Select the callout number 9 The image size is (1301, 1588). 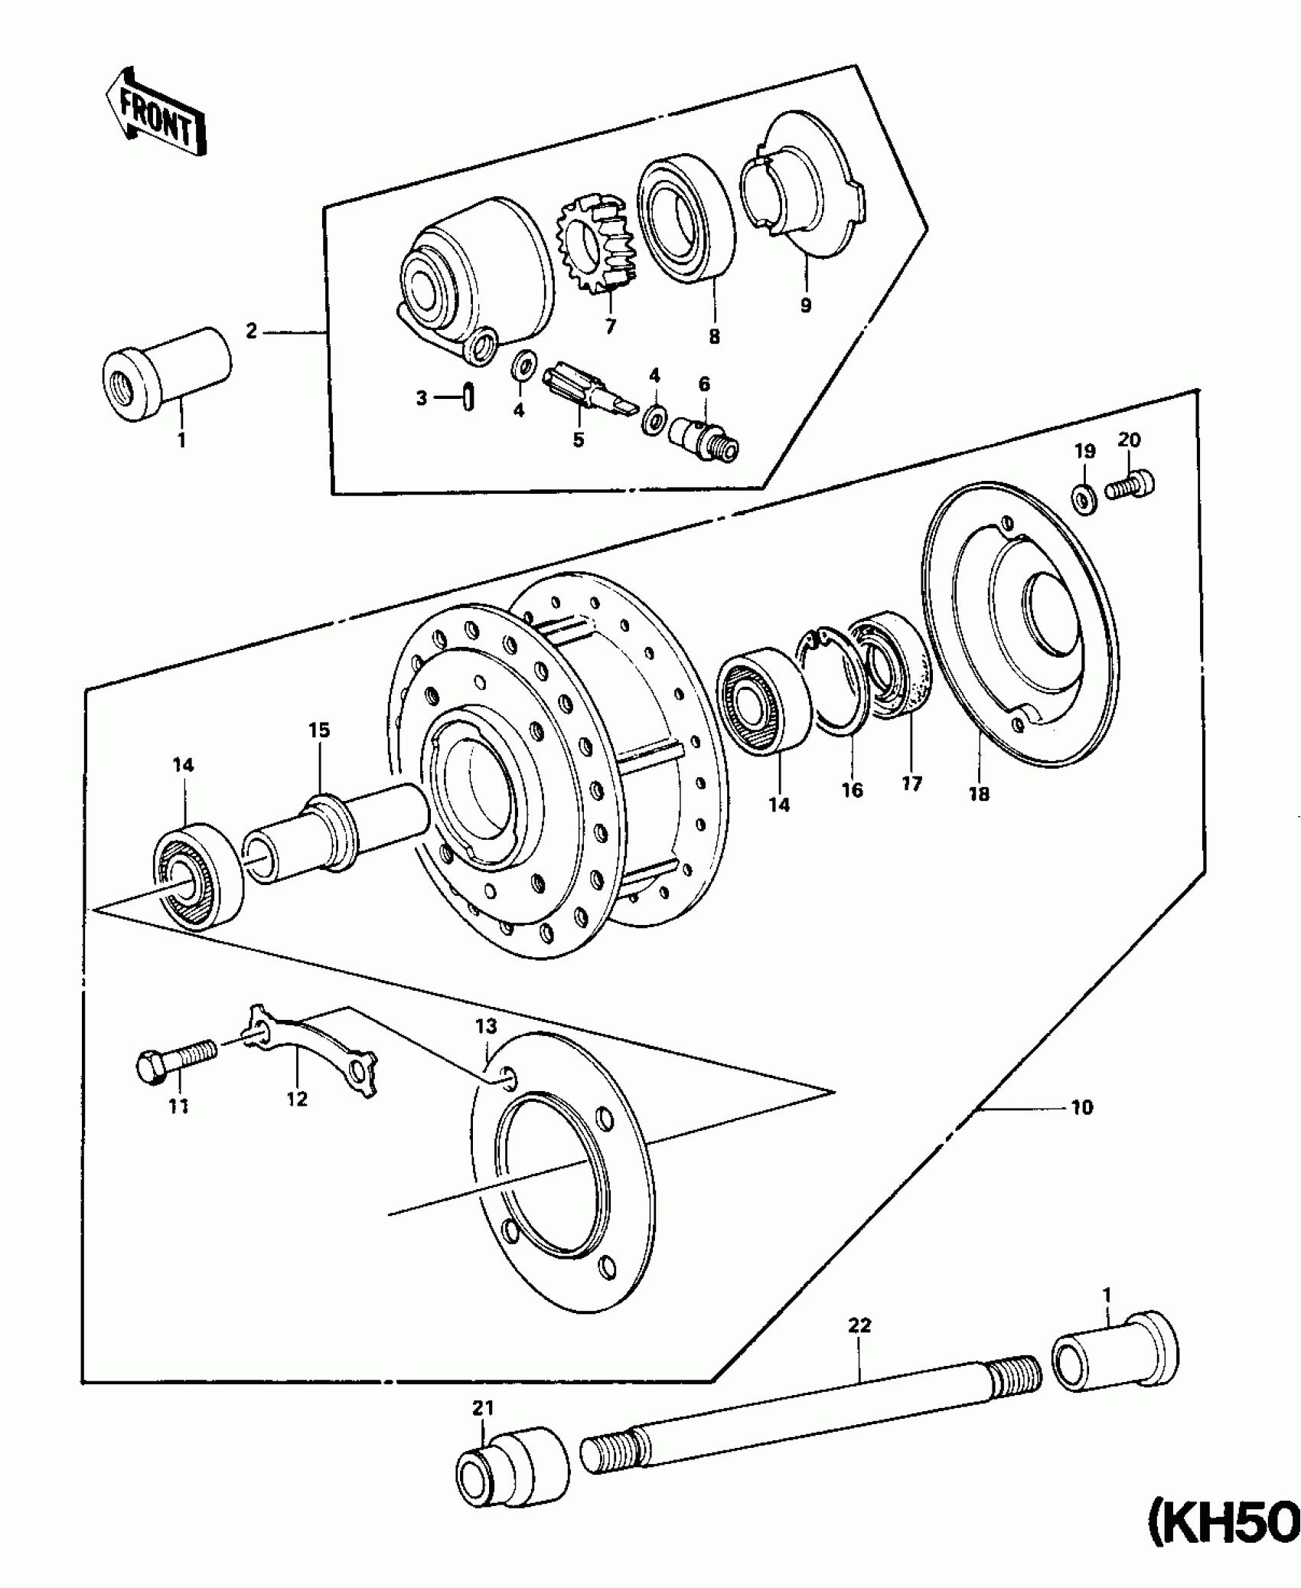(x=805, y=305)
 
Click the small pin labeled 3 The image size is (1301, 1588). (x=468, y=398)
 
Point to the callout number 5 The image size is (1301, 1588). (x=578, y=439)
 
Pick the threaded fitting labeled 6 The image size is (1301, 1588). (x=704, y=442)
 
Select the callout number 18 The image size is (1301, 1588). (x=979, y=794)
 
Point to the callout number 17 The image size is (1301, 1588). (x=911, y=783)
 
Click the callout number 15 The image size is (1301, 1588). (x=319, y=730)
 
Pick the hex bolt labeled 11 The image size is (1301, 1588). (x=177, y=1065)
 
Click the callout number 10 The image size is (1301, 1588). (x=1081, y=1107)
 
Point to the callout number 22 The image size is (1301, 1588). (x=859, y=1325)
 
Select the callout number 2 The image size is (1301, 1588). (x=251, y=332)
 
